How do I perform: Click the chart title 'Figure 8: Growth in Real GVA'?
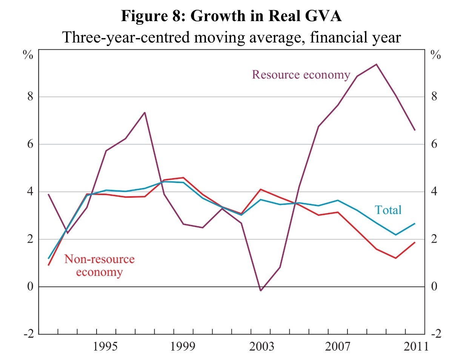tap(231, 16)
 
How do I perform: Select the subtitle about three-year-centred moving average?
tap(231, 37)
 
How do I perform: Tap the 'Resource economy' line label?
tap(301, 75)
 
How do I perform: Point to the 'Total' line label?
tap(388, 210)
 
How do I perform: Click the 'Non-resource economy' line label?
tap(99, 266)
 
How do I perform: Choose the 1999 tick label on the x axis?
tap(183, 346)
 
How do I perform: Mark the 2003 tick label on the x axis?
tap(261, 346)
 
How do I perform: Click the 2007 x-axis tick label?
tap(338, 346)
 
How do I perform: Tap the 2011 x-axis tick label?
tap(416, 346)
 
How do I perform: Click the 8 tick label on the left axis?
tap(30, 97)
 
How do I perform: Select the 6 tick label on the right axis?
tap(434, 144)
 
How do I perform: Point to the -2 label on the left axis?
tap(28, 334)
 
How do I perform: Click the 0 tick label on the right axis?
tap(434, 286)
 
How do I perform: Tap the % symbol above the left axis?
tap(28, 55)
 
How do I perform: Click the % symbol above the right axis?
tap(436, 55)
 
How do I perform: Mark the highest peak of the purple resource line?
tap(376, 64)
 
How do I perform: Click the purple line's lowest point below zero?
tap(260, 291)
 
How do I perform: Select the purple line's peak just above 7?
tap(145, 112)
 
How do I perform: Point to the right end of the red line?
tap(415, 242)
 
